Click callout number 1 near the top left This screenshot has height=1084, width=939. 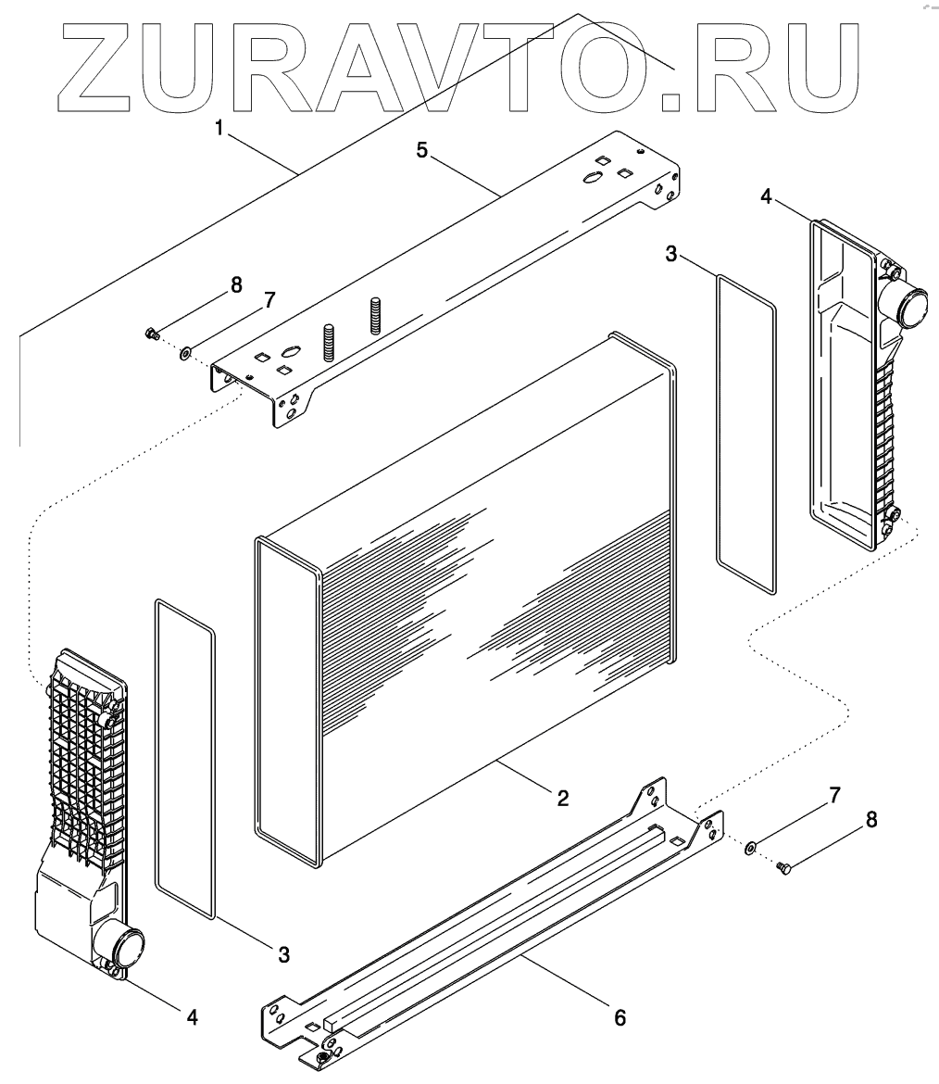click(219, 128)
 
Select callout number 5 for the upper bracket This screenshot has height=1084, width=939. click(422, 151)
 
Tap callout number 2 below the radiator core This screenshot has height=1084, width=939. click(562, 796)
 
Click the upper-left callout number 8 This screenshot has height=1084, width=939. click(237, 285)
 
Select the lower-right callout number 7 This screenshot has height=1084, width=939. click(834, 794)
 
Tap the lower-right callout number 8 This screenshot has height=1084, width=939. click(870, 819)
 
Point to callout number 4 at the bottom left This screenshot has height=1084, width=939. click(193, 1016)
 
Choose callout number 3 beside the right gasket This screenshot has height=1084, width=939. click(671, 254)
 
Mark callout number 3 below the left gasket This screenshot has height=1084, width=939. click(284, 952)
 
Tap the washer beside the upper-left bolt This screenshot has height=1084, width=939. click(186, 352)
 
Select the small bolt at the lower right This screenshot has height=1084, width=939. click(785, 868)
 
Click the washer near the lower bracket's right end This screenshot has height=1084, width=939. click(751, 846)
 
